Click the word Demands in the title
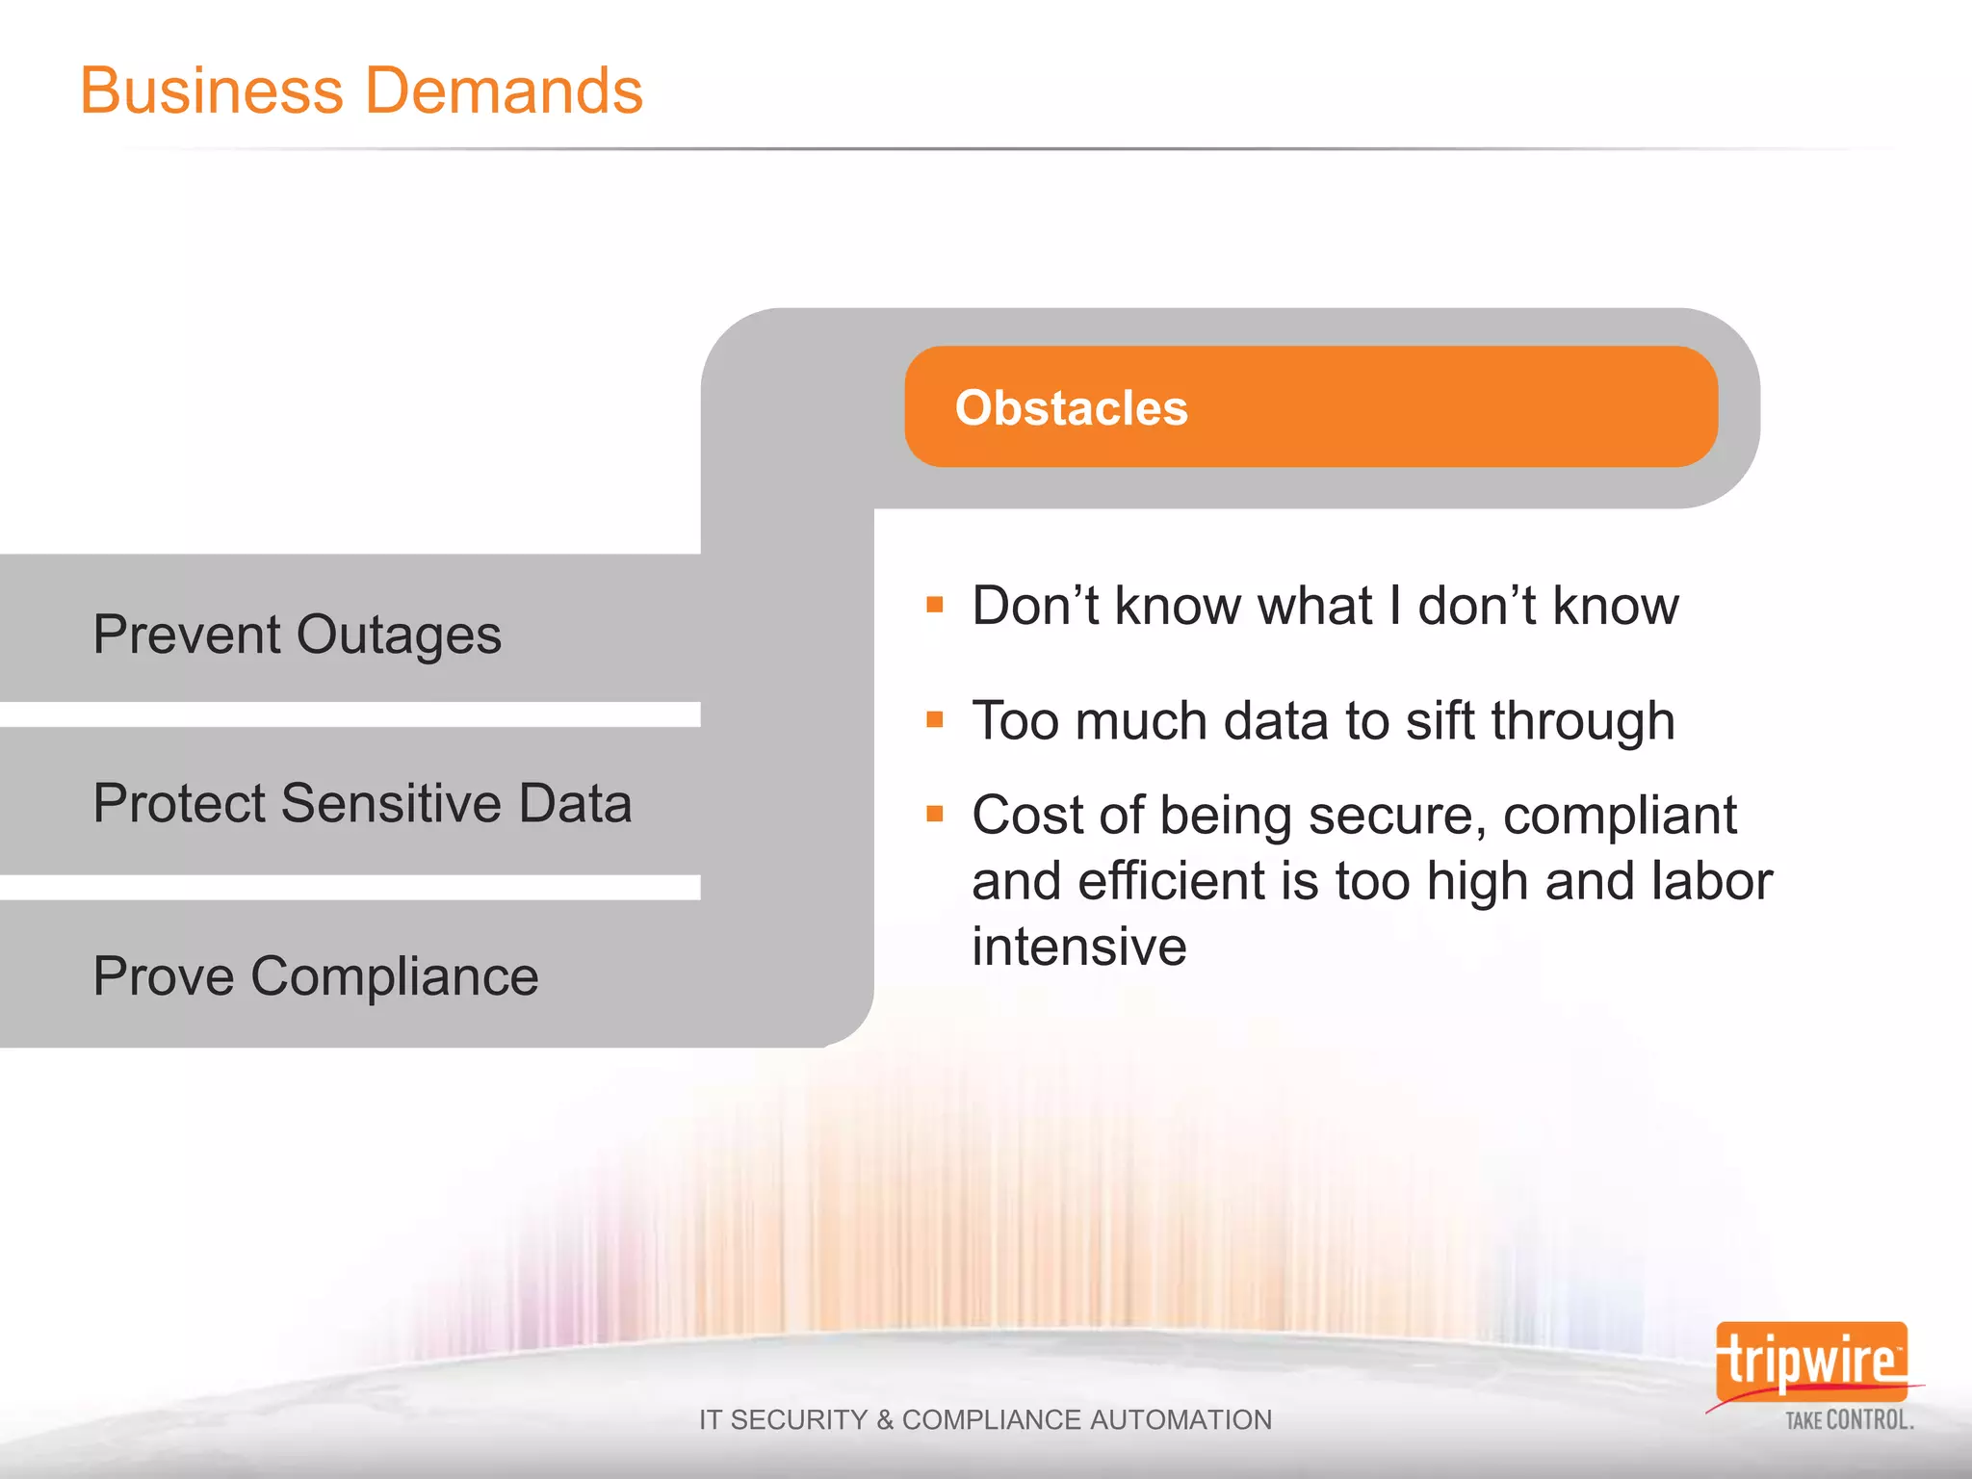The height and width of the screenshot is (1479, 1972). [504, 91]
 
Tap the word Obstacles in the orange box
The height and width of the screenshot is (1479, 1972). [1071, 407]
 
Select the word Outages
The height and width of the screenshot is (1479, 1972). [399, 636]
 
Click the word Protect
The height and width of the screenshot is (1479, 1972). [178, 803]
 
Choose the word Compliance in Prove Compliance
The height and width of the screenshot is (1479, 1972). [395, 976]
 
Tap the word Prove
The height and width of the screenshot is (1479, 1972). [164, 976]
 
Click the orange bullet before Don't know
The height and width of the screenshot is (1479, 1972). [934, 606]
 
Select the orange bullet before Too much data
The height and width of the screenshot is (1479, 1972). [934, 720]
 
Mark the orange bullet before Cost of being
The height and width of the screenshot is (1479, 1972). [934, 815]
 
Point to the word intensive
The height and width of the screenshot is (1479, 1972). [1078, 946]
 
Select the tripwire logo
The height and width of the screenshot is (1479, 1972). [1811, 1362]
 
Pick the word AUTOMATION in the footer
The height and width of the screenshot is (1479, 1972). [1181, 1419]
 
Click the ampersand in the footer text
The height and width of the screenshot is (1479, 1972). [884, 1419]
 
